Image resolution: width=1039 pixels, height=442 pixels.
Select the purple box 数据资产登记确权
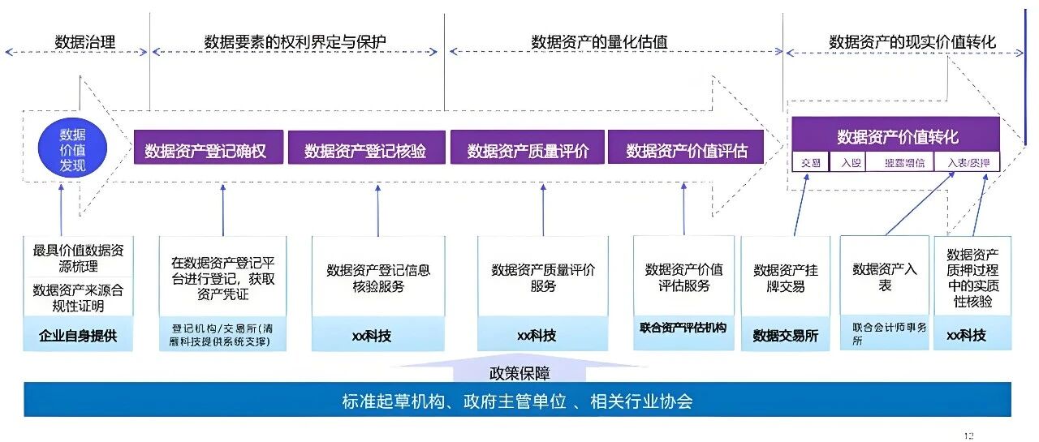pyautogui.click(x=209, y=150)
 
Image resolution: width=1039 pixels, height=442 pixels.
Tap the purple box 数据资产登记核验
pyautogui.click(x=366, y=151)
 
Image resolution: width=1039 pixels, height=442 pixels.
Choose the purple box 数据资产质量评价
pyautogui.click(x=528, y=151)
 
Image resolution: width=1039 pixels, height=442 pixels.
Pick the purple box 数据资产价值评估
pyautogui.click(x=686, y=151)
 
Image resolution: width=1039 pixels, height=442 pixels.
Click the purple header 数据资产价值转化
pyautogui.click(x=897, y=135)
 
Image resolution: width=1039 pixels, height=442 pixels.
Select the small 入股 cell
pyautogui.click(x=851, y=163)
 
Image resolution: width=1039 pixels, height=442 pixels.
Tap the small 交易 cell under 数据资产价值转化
pyautogui.click(x=811, y=163)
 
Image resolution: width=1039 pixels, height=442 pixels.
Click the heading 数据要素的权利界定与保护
pyautogui.click(x=295, y=42)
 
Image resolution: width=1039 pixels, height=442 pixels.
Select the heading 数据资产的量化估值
pyautogui.click(x=600, y=42)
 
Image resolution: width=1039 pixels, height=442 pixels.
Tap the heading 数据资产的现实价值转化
pyautogui.click(x=912, y=42)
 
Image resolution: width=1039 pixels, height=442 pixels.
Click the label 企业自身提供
pyautogui.click(x=79, y=335)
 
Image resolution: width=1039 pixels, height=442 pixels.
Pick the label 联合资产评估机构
pyautogui.click(x=683, y=328)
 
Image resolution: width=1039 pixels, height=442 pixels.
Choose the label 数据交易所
pyautogui.click(x=785, y=335)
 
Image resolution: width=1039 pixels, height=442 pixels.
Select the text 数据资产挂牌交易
pyautogui.click(x=785, y=278)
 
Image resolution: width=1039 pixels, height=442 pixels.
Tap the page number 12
pyautogui.click(x=968, y=436)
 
